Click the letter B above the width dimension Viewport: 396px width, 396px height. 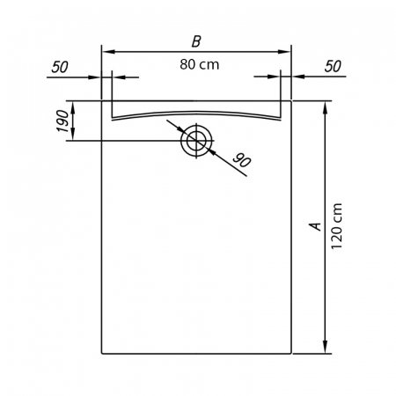pos(196,41)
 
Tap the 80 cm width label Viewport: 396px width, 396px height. pos(200,64)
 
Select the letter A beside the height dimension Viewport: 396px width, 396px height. pos(315,226)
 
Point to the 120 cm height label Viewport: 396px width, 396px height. pos(336,226)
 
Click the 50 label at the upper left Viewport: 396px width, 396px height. pos(60,67)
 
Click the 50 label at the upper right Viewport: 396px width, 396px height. pos(333,66)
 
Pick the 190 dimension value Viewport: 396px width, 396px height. pos(62,121)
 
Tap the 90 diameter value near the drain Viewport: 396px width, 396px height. pos(241,160)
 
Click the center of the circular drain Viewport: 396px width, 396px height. pos(196,141)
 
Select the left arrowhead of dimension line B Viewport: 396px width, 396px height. pos(107,52)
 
